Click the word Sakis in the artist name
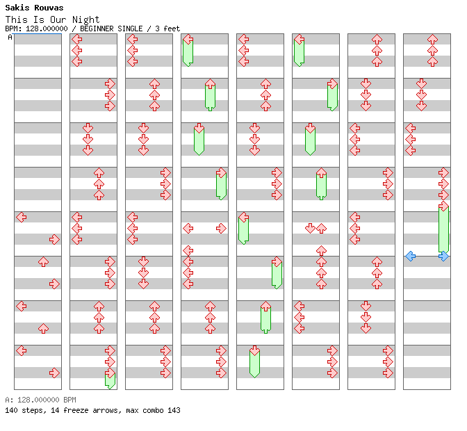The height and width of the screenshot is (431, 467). pyautogui.click(x=17, y=8)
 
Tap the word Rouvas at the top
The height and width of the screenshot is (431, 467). pyautogui.click(x=49, y=8)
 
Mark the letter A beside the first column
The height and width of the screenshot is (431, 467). pyautogui.click(x=10, y=38)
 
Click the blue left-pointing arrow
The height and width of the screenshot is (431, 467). pyautogui.click(x=411, y=256)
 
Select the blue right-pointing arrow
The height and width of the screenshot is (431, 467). pyautogui.click(x=444, y=256)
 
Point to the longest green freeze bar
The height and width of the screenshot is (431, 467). pyautogui.click(x=444, y=229)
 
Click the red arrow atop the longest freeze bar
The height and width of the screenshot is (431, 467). pyautogui.click(x=444, y=206)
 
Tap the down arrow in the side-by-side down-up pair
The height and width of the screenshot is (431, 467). pyautogui.click(x=311, y=229)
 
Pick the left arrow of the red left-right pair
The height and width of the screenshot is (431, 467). pyautogui.click(x=188, y=229)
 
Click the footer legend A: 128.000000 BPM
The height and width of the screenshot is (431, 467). pyautogui.click(x=40, y=400)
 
